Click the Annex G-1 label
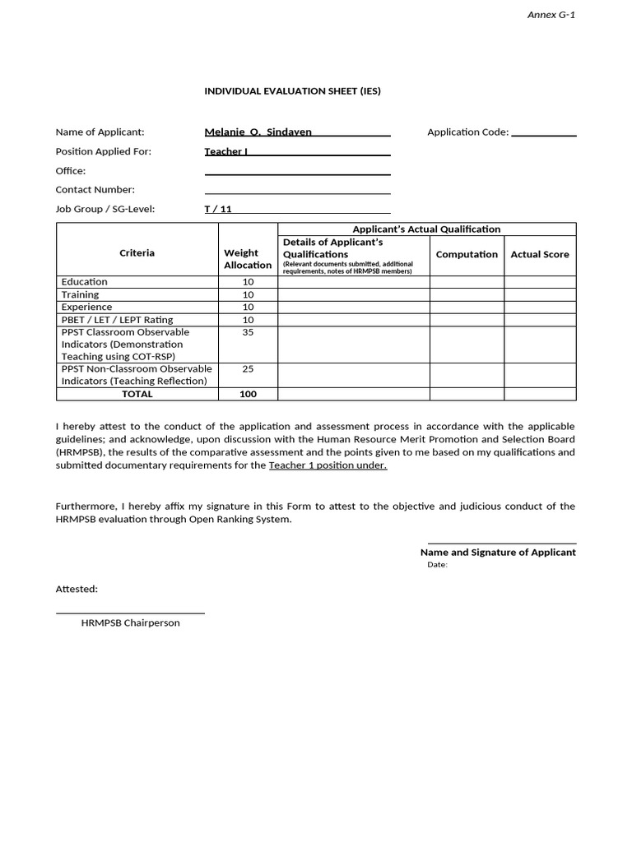coord(551,16)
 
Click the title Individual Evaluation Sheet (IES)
coord(292,91)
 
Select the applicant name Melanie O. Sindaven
coord(258,132)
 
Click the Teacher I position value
coord(225,151)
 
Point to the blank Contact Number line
coord(297,190)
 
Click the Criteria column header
coord(137,253)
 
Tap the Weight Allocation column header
coord(248,259)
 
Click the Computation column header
coord(467,254)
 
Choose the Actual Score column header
coord(540,254)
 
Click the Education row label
coord(84,282)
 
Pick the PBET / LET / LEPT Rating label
coord(117,320)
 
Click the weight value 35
coord(248,332)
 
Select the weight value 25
coord(248,369)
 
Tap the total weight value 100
coord(248,394)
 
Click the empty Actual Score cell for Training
coord(540,294)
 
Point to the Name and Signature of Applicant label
coord(498,553)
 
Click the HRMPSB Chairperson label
coord(130,623)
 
